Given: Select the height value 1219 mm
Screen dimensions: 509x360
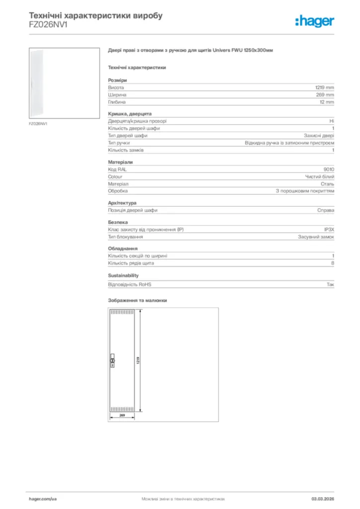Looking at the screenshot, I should [325, 87].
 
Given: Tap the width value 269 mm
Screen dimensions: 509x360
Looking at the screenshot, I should [326, 94].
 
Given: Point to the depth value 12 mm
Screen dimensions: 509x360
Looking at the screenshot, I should [327, 102].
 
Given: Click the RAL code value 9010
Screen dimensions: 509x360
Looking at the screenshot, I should [329, 170].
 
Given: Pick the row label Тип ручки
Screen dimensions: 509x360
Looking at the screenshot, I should [119, 143].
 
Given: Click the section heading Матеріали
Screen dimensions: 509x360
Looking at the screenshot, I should [120, 162].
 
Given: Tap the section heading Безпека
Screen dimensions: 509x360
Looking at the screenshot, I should [118, 222].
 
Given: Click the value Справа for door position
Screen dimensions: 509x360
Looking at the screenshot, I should [326, 210].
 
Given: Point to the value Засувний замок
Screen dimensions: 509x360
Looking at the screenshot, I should [316, 237].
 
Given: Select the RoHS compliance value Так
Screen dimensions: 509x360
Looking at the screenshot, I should [330, 285].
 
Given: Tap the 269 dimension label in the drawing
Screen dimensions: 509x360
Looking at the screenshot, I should [121, 414].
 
